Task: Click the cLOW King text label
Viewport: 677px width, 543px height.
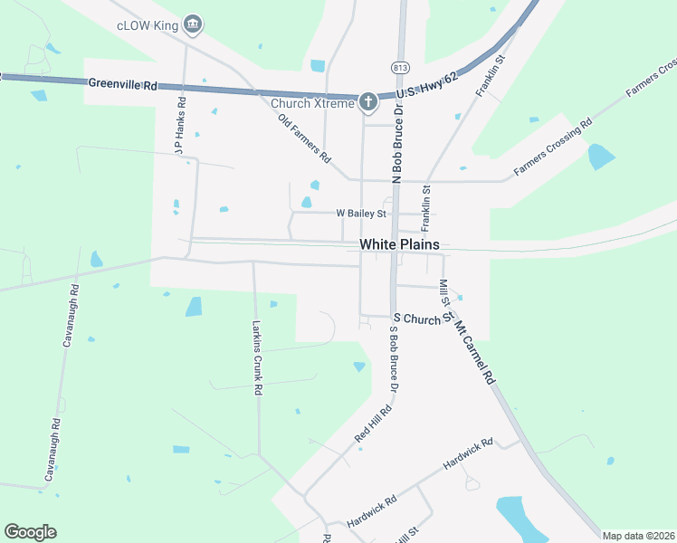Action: click(147, 26)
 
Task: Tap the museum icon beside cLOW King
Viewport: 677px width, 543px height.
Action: click(192, 24)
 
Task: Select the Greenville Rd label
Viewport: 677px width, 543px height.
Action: click(123, 84)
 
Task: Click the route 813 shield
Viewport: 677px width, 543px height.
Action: click(399, 68)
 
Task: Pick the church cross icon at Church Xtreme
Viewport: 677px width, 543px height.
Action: click(367, 101)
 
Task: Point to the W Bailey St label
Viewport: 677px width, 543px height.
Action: click(361, 214)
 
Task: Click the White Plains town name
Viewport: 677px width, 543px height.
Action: click(399, 244)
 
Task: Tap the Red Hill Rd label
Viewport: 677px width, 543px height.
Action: click(373, 424)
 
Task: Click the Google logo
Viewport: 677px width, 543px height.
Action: click(30, 532)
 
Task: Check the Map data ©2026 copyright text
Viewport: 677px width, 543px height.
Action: click(638, 536)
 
